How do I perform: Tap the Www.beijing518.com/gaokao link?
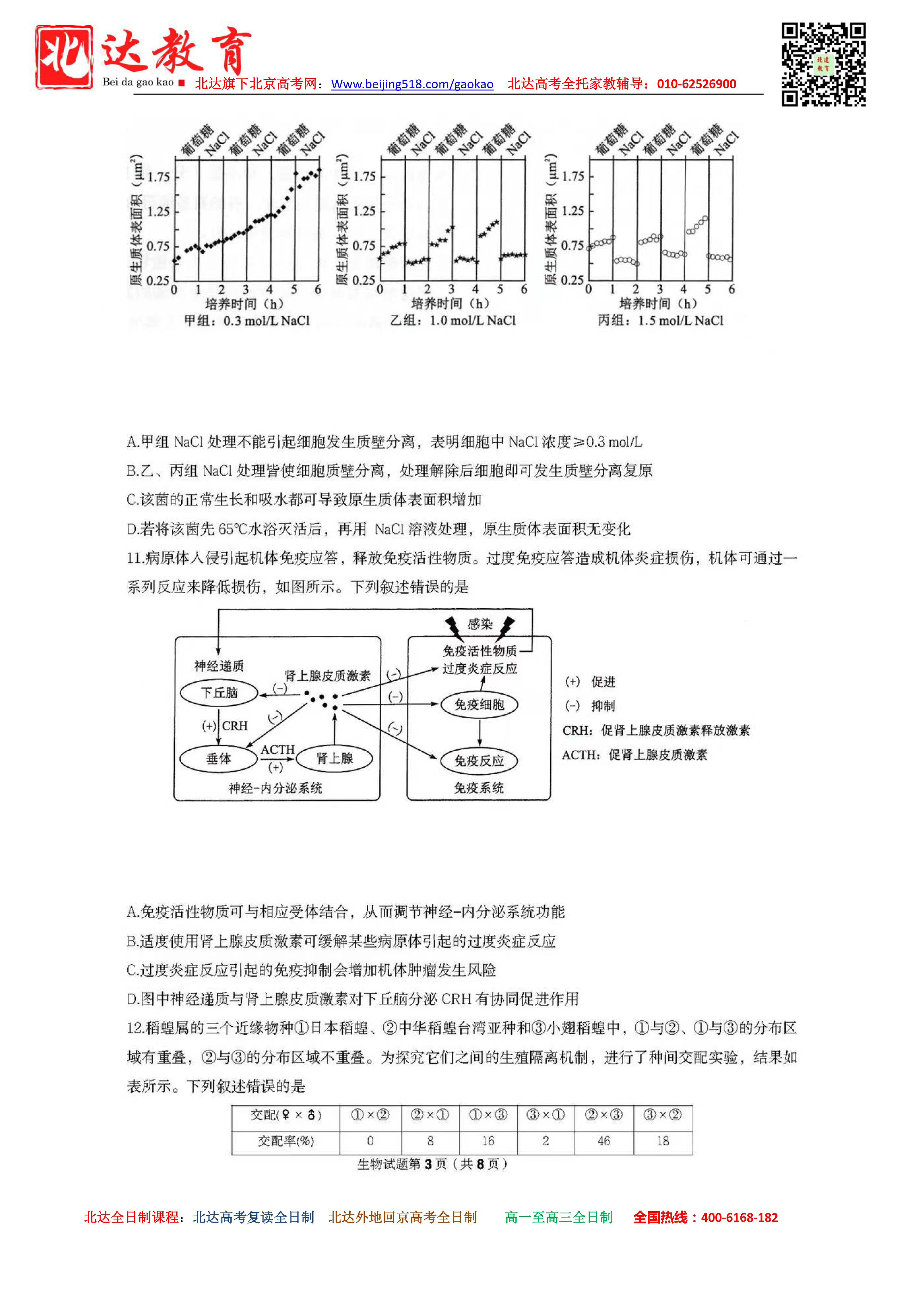tap(412, 84)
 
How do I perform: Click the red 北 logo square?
tap(64, 57)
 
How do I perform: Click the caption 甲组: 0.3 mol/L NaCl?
tap(246, 320)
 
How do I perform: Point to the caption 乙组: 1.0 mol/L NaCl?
tap(453, 320)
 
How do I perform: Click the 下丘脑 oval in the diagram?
tap(219, 693)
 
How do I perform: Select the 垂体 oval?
tap(219, 759)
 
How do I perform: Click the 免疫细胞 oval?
tap(479, 704)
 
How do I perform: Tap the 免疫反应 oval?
tap(479, 761)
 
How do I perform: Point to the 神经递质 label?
tap(219, 666)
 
